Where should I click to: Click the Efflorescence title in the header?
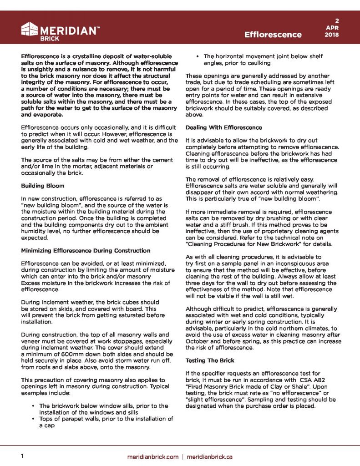pyautogui.click(x=273, y=35)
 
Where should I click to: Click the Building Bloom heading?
pyautogui.click(x=43, y=186)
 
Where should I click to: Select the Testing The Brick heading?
pyautogui.click(x=210, y=360)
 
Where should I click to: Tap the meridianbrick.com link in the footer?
pyautogui.click(x=152, y=456)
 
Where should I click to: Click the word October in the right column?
pyautogui.click(x=198, y=341)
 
